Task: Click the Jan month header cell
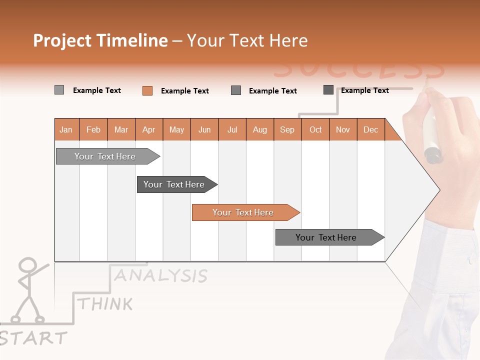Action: coord(66,129)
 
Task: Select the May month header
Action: coord(176,129)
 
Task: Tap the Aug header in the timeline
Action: coord(259,129)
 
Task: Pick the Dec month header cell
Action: coord(370,129)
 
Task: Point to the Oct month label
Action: coord(315,129)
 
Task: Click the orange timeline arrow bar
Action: coord(243,212)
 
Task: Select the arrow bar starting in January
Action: coord(105,156)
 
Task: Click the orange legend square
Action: coord(147,90)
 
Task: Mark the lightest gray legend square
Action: coord(59,90)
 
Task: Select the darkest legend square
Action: coord(328,90)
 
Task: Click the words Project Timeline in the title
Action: coord(100,40)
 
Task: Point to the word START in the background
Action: coord(33,338)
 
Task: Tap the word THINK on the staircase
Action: coord(105,303)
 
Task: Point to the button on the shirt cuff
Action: coord(470,260)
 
